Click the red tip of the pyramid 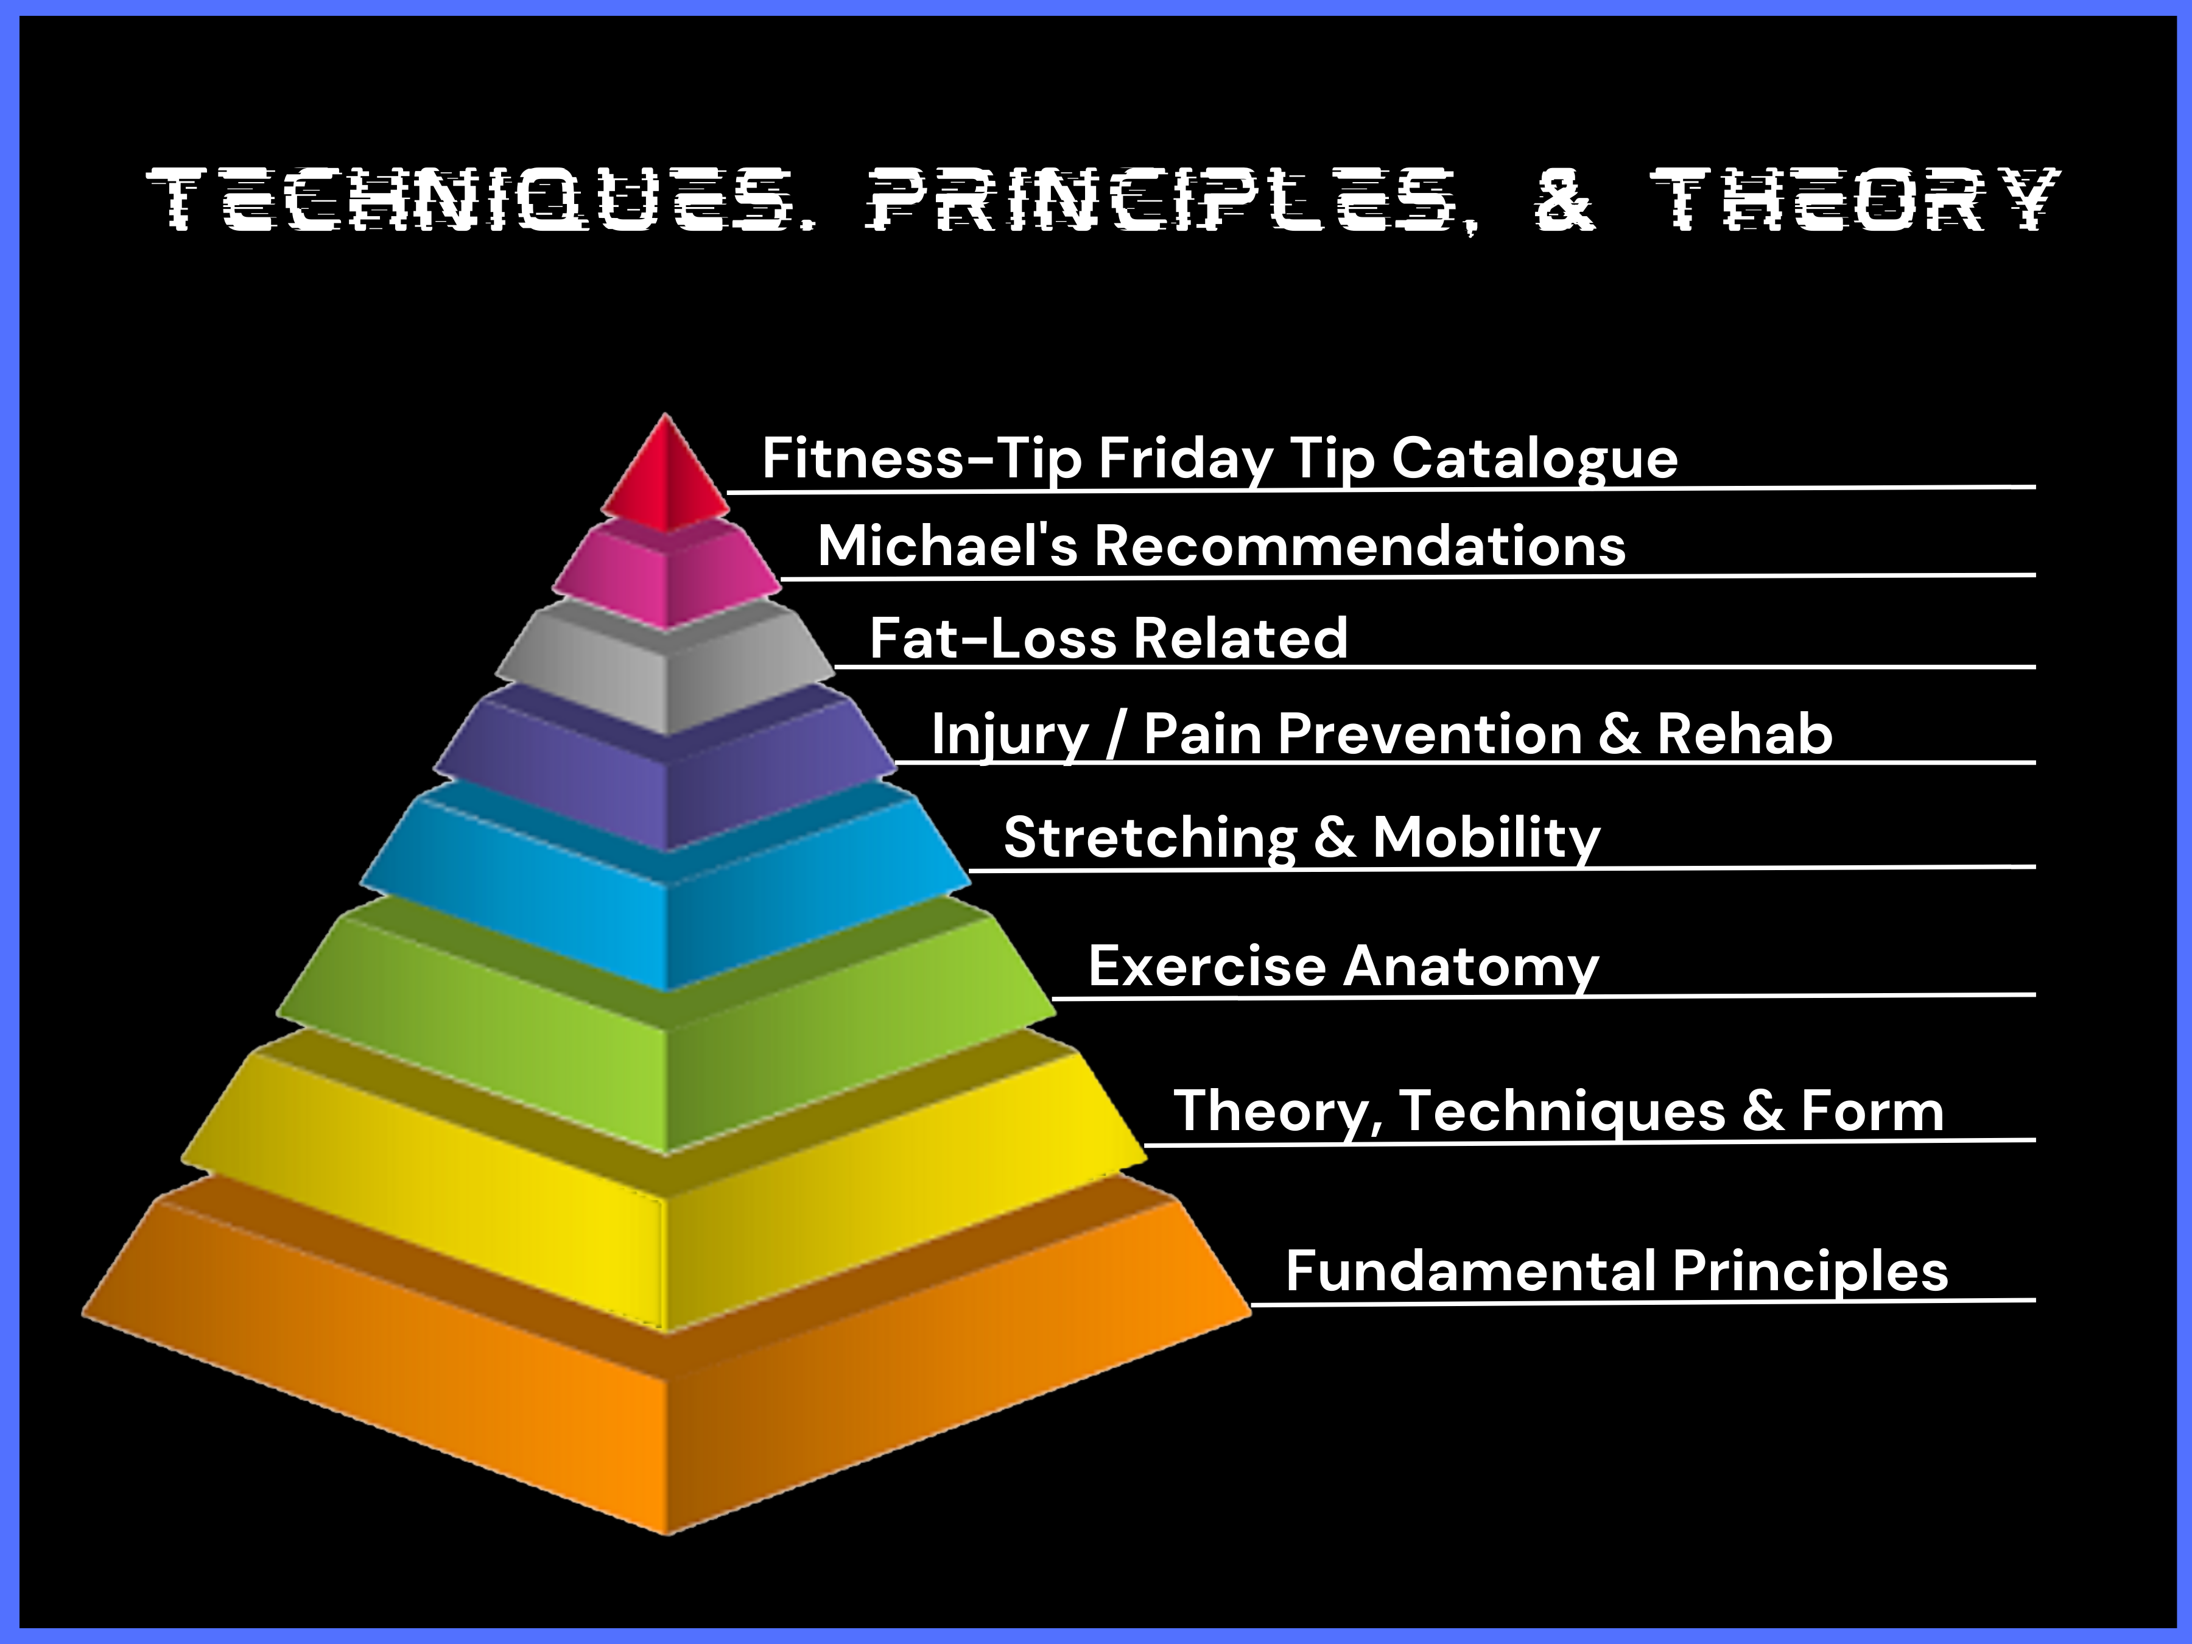pyautogui.click(x=665, y=476)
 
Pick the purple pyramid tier pyautogui.click(x=665, y=768)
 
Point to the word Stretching pyautogui.click(x=1150, y=838)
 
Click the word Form pyautogui.click(x=1872, y=1111)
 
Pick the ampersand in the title pyautogui.click(x=1565, y=200)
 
